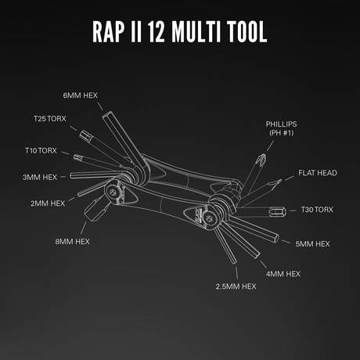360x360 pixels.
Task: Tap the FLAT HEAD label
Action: coord(318,172)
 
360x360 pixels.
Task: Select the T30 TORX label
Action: coord(317,210)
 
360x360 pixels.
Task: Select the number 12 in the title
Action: coord(164,32)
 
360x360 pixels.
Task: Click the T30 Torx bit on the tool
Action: coord(275,211)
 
